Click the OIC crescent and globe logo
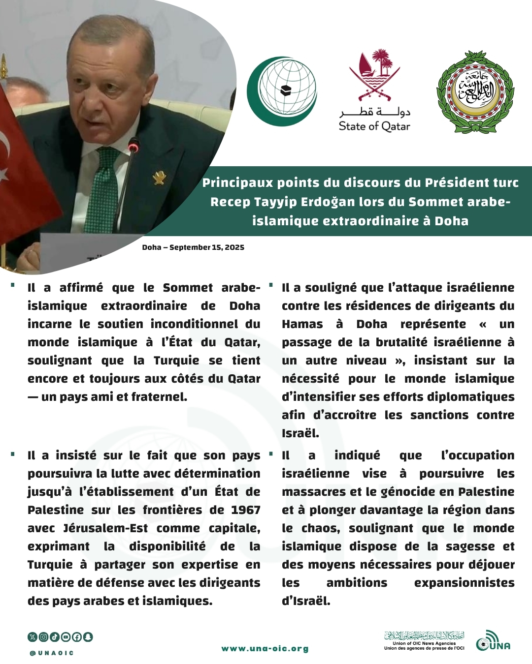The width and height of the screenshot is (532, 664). pos(282,91)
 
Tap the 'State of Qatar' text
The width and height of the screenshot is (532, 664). pos(374,126)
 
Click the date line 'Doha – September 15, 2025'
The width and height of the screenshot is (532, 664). pos(193,247)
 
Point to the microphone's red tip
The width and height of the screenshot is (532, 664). pos(133,147)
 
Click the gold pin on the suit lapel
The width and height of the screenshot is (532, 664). pos(159,178)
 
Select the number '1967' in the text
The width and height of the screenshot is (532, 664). pos(245,510)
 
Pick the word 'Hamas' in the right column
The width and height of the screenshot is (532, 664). pos(302,324)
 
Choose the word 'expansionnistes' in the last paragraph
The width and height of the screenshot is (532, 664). pos(464,583)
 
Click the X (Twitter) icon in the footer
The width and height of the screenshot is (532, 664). pos(33,637)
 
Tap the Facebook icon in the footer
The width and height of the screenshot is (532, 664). pos(77,637)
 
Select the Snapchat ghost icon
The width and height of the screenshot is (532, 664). pos(88,637)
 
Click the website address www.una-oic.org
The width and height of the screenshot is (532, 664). pos(265,649)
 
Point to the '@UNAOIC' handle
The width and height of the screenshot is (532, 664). pos(52,653)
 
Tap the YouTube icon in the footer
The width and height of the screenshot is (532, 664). pos(66,637)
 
